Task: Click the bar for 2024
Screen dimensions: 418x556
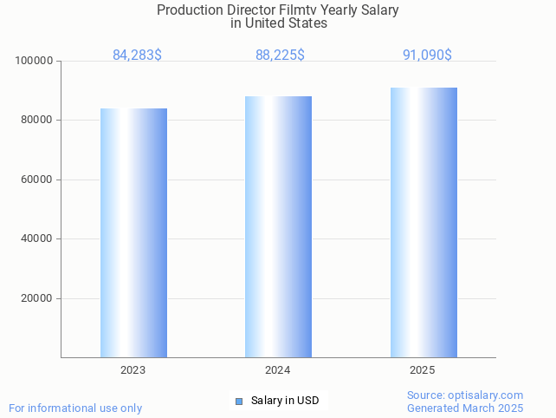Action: (x=278, y=226)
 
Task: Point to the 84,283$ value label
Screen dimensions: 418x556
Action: (x=137, y=56)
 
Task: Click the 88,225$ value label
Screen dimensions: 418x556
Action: (x=280, y=56)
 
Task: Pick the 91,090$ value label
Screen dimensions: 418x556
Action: (x=427, y=56)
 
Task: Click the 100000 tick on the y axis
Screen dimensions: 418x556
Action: (x=35, y=61)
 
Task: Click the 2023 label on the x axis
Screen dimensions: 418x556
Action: (x=133, y=370)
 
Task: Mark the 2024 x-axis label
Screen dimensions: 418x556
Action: (x=278, y=370)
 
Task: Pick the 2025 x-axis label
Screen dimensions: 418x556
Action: (x=423, y=370)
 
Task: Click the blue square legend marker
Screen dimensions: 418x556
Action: (x=239, y=401)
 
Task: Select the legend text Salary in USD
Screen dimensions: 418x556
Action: (x=285, y=401)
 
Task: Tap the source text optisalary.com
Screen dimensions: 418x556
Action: (x=488, y=395)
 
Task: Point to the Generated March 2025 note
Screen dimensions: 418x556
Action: (x=465, y=408)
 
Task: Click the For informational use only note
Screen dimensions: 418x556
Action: (x=75, y=408)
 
